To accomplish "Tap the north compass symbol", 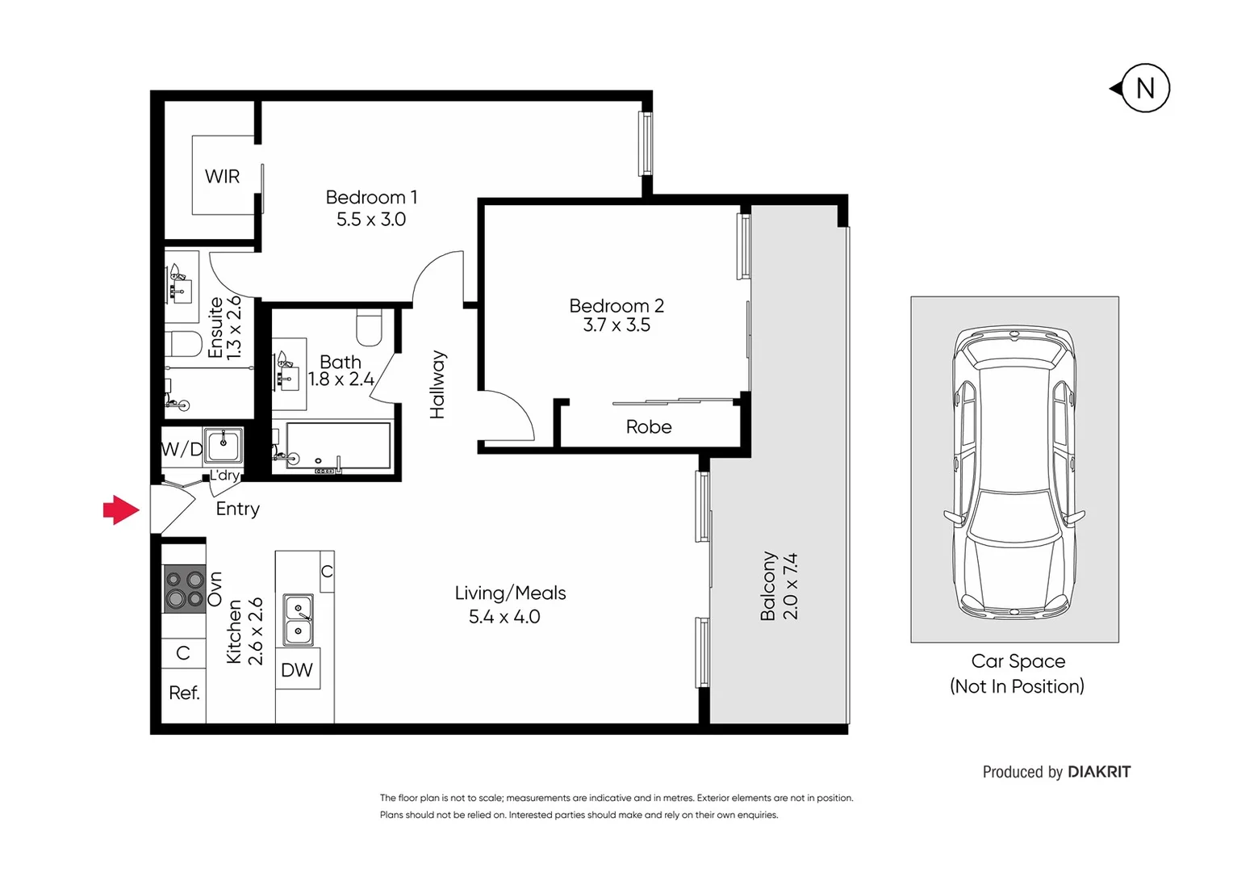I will (1143, 88).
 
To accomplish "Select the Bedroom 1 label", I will (371, 197).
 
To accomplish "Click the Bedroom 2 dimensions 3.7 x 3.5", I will (616, 325).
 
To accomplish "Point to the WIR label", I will (222, 176).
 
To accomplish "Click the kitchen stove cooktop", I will (184, 589).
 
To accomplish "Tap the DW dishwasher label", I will (297, 670).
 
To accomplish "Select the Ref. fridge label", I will (184, 693).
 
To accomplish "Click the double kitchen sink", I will (299, 620).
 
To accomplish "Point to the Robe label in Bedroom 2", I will (649, 427).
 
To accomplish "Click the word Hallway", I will (437, 384).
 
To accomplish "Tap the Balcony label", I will (767, 586).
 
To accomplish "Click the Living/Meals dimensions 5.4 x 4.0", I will (504, 617).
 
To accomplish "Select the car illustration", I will (1014, 472).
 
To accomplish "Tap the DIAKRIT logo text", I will (1098, 772).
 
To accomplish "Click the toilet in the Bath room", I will (369, 326).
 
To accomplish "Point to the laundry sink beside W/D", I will (224, 444).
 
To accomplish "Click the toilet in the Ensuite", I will (185, 344).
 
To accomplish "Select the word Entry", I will (237, 509).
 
